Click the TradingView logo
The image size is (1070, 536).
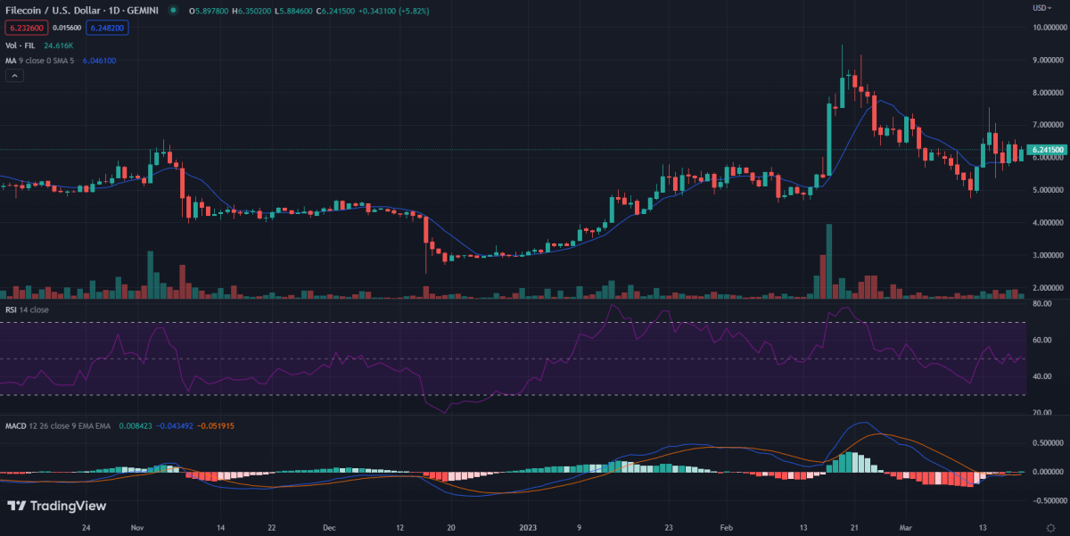(x=57, y=506)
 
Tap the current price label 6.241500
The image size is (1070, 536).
(x=1046, y=150)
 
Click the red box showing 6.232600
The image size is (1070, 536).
(x=24, y=28)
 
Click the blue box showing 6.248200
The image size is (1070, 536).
(x=108, y=28)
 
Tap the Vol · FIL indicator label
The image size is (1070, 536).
(x=21, y=45)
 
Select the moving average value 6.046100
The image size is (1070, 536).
(x=98, y=61)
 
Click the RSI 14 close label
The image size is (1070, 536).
(x=27, y=309)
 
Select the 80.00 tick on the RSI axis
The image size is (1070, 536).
(x=1043, y=304)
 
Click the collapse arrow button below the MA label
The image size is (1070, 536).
(x=14, y=76)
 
